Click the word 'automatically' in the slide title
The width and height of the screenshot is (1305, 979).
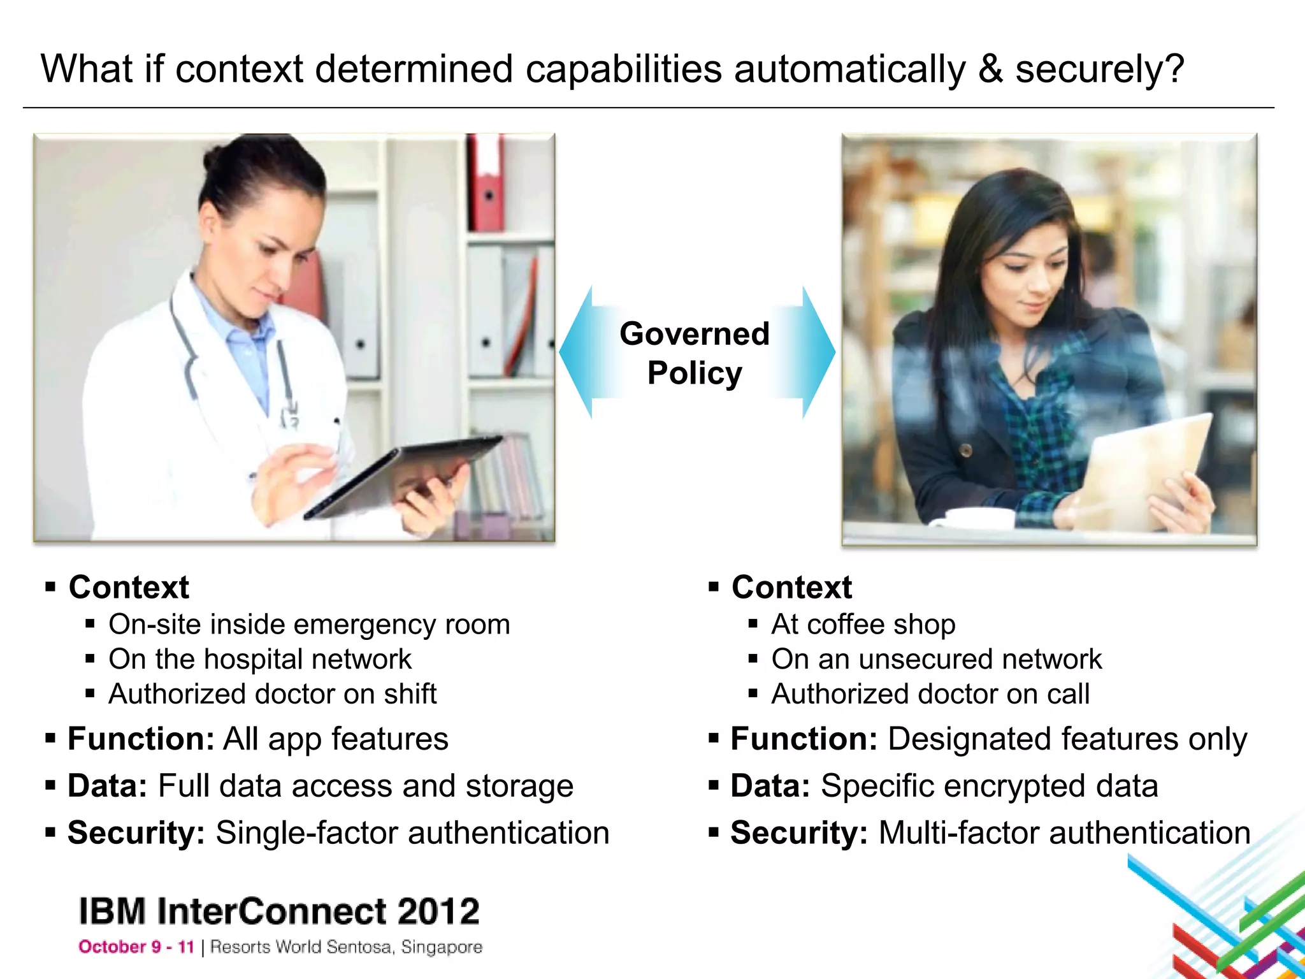click(849, 69)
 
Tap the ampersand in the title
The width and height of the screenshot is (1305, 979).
click(990, 69)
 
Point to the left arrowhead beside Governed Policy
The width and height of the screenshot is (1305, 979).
click(576, 351)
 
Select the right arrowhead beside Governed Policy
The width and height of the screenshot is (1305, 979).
click(818, 351)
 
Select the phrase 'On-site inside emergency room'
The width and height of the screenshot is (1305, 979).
click(309, 625)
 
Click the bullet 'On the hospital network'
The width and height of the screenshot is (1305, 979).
click(260, 659)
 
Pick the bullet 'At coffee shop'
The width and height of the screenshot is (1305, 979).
click(863, 625)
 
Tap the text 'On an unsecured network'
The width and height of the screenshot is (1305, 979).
click(937, 659)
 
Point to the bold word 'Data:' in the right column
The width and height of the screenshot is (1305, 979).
click(770, 786)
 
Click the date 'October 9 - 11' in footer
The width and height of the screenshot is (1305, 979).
click(136, 947)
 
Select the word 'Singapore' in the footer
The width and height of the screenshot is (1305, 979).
click(442, 947)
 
